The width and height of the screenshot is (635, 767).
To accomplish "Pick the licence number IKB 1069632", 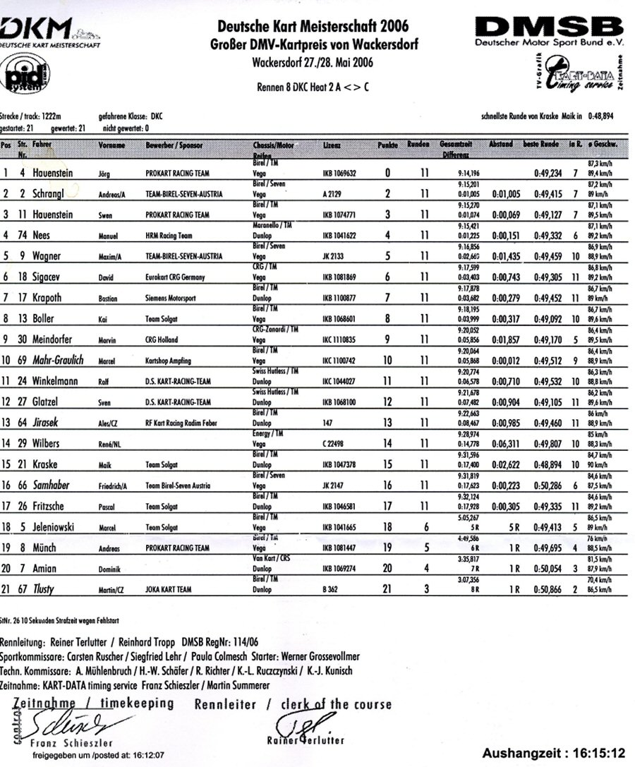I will (339, 172).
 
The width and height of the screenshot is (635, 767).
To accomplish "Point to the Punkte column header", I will (387, 145).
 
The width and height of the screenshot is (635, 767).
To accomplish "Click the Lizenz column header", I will (331, 145).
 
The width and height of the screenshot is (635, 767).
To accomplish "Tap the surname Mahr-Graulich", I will (58, 361).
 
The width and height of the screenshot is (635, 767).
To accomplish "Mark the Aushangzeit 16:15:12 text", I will (555, 751).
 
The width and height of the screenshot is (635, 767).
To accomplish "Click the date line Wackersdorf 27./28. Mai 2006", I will (313, 62).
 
